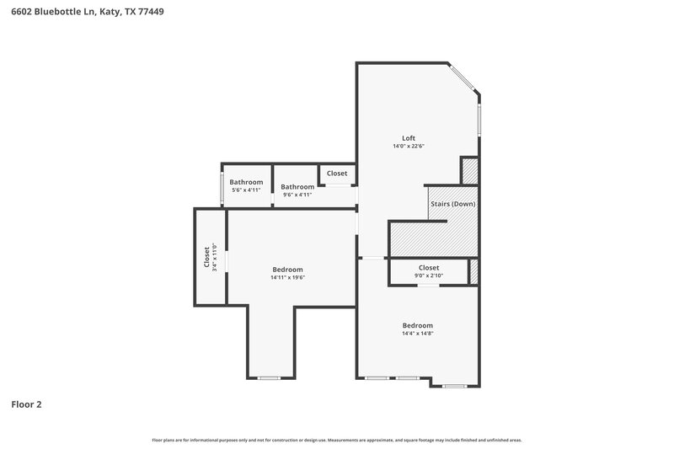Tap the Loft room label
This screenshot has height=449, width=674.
tap(408, 138)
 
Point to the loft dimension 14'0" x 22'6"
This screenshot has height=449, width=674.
tap(408, 147)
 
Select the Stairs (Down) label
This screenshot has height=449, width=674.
tap(452, 204)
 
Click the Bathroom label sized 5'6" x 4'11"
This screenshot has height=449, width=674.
tap(246, 182)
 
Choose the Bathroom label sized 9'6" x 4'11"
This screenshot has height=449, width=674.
tap(297, 187)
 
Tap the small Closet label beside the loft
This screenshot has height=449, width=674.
tap(337, 174)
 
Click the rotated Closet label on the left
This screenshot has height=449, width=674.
tap(207, 257)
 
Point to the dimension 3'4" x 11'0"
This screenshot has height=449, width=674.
tap(216, 257)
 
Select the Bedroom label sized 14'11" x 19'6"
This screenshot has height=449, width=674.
tap(287, 270)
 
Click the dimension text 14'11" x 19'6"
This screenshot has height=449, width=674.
tap(287, 278)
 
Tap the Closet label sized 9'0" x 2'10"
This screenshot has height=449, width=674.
tap(429, 267)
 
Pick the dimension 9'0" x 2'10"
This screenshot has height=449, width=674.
tap(429, 275)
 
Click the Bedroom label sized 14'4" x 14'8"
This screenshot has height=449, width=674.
tap(417, 325)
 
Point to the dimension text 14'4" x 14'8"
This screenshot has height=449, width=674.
tap(417, 334)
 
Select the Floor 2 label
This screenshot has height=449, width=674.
tap(26, 404)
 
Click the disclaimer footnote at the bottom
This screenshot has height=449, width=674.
tap(336, 440)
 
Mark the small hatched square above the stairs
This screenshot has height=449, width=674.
tap(470, 171)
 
